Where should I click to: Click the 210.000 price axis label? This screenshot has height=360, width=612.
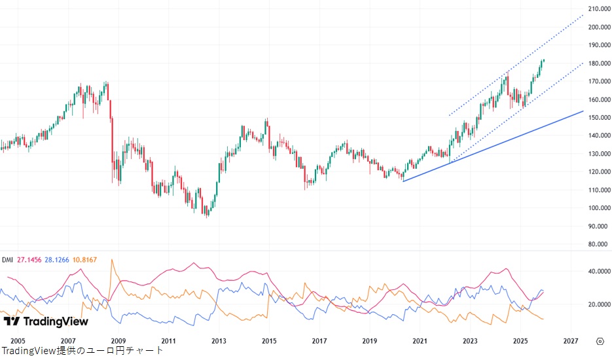point(599,9)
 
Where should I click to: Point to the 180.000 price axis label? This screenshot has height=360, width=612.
point(599,63)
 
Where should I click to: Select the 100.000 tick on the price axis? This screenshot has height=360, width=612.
point(599,208)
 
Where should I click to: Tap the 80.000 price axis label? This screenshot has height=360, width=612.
point(599,244)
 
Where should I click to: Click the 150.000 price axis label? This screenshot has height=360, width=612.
point(599,118)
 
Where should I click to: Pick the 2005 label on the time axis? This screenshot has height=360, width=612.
point(18,341)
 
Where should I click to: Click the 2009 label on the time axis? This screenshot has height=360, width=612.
point(118,341)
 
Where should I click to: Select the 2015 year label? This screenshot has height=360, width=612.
point(268,341)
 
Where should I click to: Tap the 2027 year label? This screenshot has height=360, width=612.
point(570,341)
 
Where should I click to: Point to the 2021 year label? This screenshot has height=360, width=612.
point(420,341)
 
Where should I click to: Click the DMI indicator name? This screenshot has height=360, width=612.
point(8,260)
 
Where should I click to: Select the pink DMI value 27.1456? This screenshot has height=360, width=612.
point(29,260)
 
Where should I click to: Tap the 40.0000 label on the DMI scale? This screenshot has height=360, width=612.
point(599,271)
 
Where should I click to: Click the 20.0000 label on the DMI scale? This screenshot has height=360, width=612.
point(599,304)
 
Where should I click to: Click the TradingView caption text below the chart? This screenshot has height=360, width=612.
point(82,351)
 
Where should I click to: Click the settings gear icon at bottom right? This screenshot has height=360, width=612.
point(600,341)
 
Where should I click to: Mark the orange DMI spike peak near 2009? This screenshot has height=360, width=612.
point(111,260)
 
